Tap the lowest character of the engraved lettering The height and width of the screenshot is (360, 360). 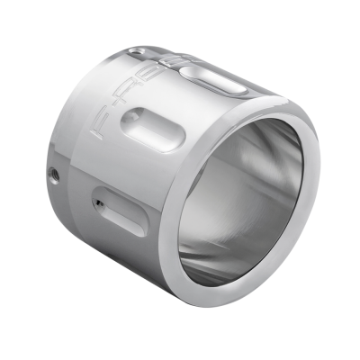(99, 134)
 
